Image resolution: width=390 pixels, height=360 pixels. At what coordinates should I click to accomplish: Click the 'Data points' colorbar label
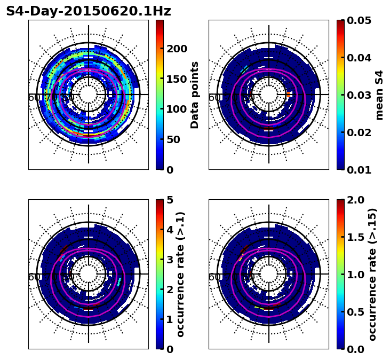(195, 95)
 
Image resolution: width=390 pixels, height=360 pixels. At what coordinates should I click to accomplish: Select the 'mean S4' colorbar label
(379, 95)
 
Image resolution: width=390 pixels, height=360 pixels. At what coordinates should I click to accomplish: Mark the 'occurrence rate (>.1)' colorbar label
(180, 274)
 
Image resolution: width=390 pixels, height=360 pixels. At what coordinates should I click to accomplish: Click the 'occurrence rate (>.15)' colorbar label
(372, 274)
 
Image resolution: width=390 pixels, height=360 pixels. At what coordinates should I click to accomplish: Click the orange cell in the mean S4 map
(289, 94)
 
